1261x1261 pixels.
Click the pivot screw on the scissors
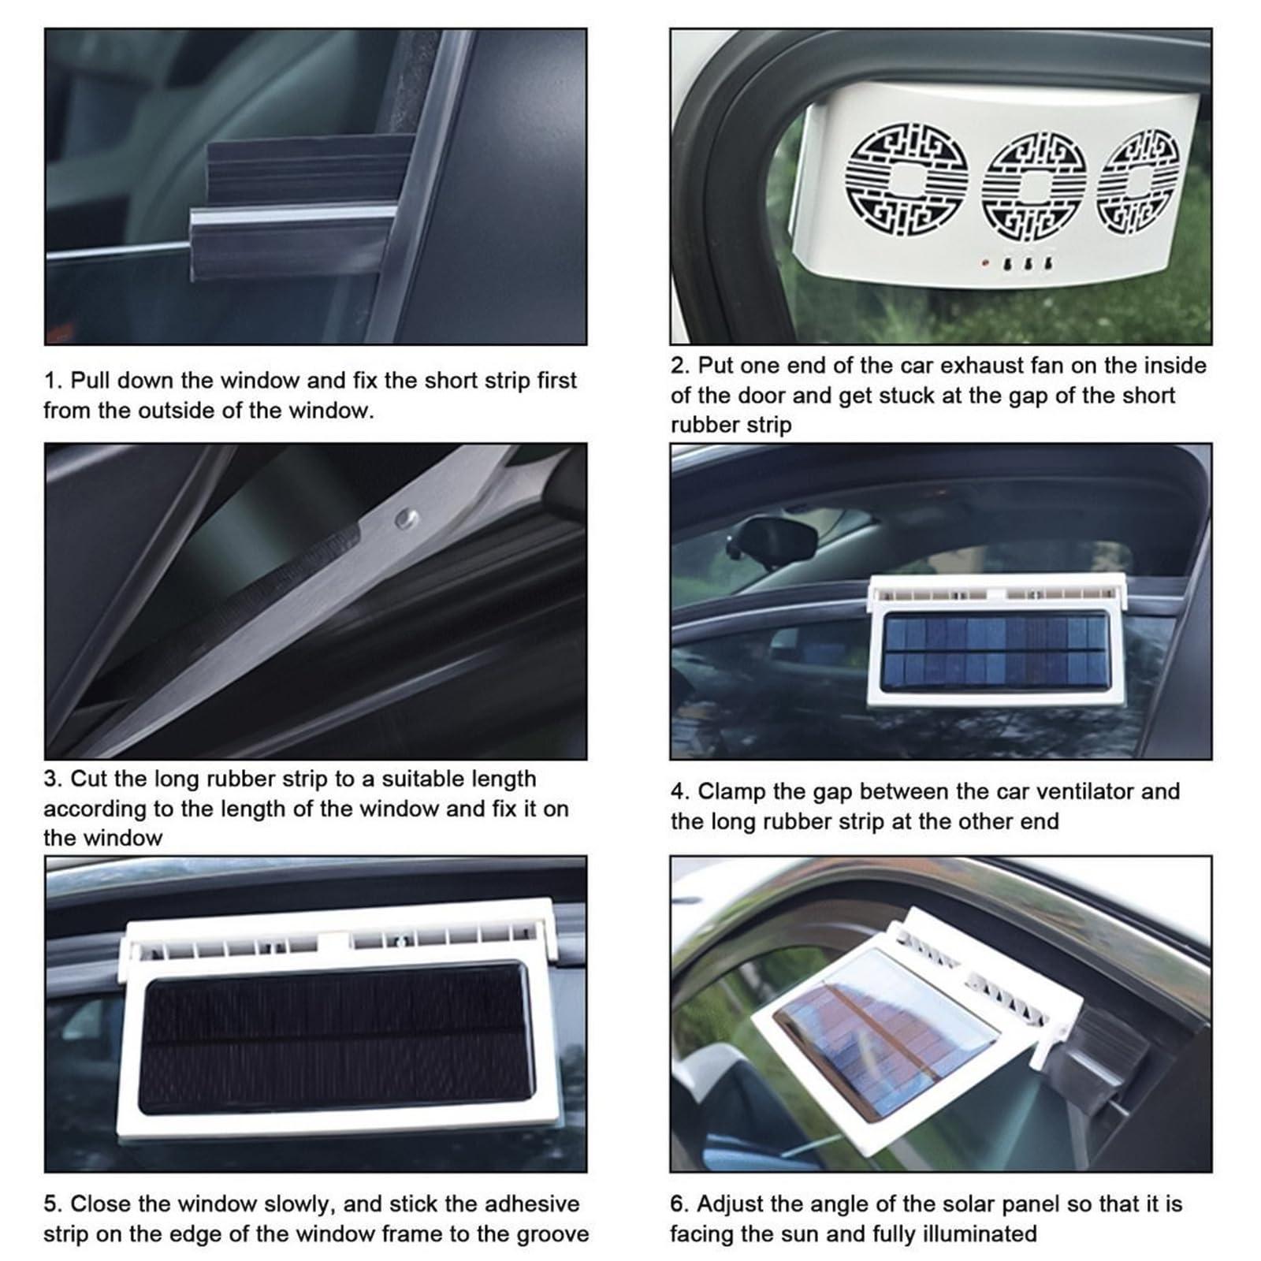407,518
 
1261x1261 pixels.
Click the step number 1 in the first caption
50,381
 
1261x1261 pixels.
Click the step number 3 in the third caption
51,779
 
